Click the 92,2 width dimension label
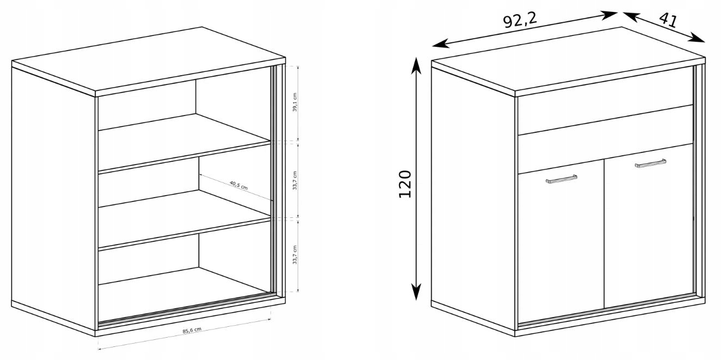coord(520,21)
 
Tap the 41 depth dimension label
coord(668,20)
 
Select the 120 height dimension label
coord(405,184)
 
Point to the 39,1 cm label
coord(295,102)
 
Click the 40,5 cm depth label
coord(238,185)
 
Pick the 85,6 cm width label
coord(192,331)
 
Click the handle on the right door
coord(650,163)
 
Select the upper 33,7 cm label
coord(295,180)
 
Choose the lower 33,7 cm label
coord(295,255)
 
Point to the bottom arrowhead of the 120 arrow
coord(416,292)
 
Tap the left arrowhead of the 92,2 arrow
coord(440,44)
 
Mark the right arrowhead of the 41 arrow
coord(697,38)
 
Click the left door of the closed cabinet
coord(560,242)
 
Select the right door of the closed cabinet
coord(648,225)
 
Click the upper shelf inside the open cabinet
coord(184,142)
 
